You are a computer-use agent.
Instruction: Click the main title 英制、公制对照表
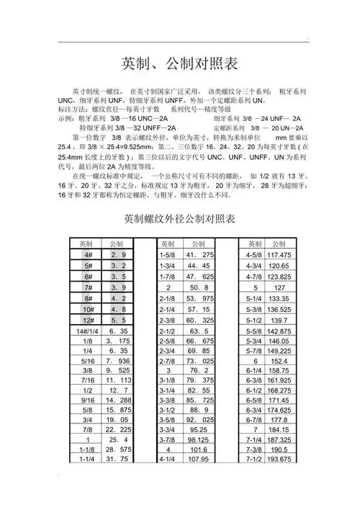click(180, 63)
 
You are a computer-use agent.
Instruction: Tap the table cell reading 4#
click(88, 255)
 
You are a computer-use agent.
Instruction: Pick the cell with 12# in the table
click(88, 319)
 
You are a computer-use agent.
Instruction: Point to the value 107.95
click(200, 459)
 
